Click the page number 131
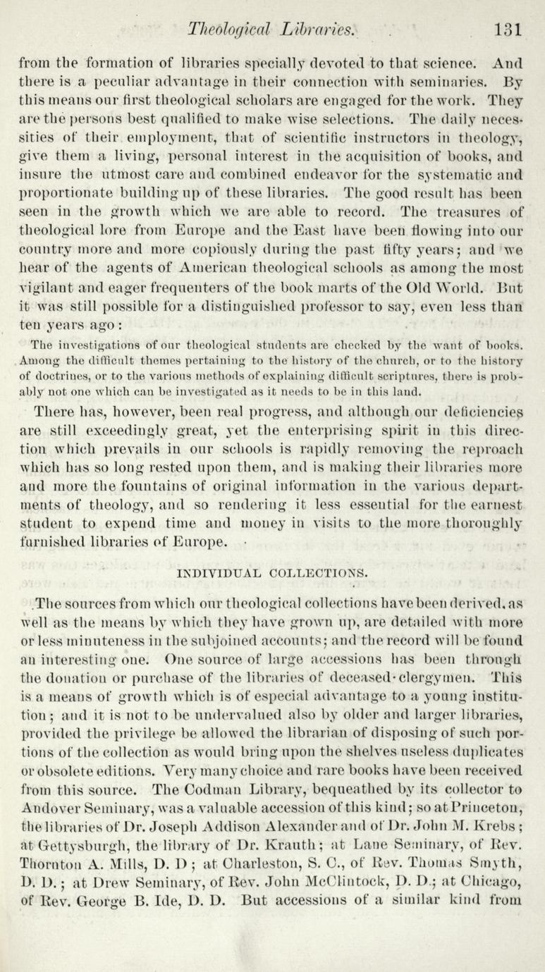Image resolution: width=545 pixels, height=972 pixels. pyautogui.click(x=508, y=30)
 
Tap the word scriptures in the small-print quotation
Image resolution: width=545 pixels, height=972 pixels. pyautogui.click(x=420, y=376)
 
